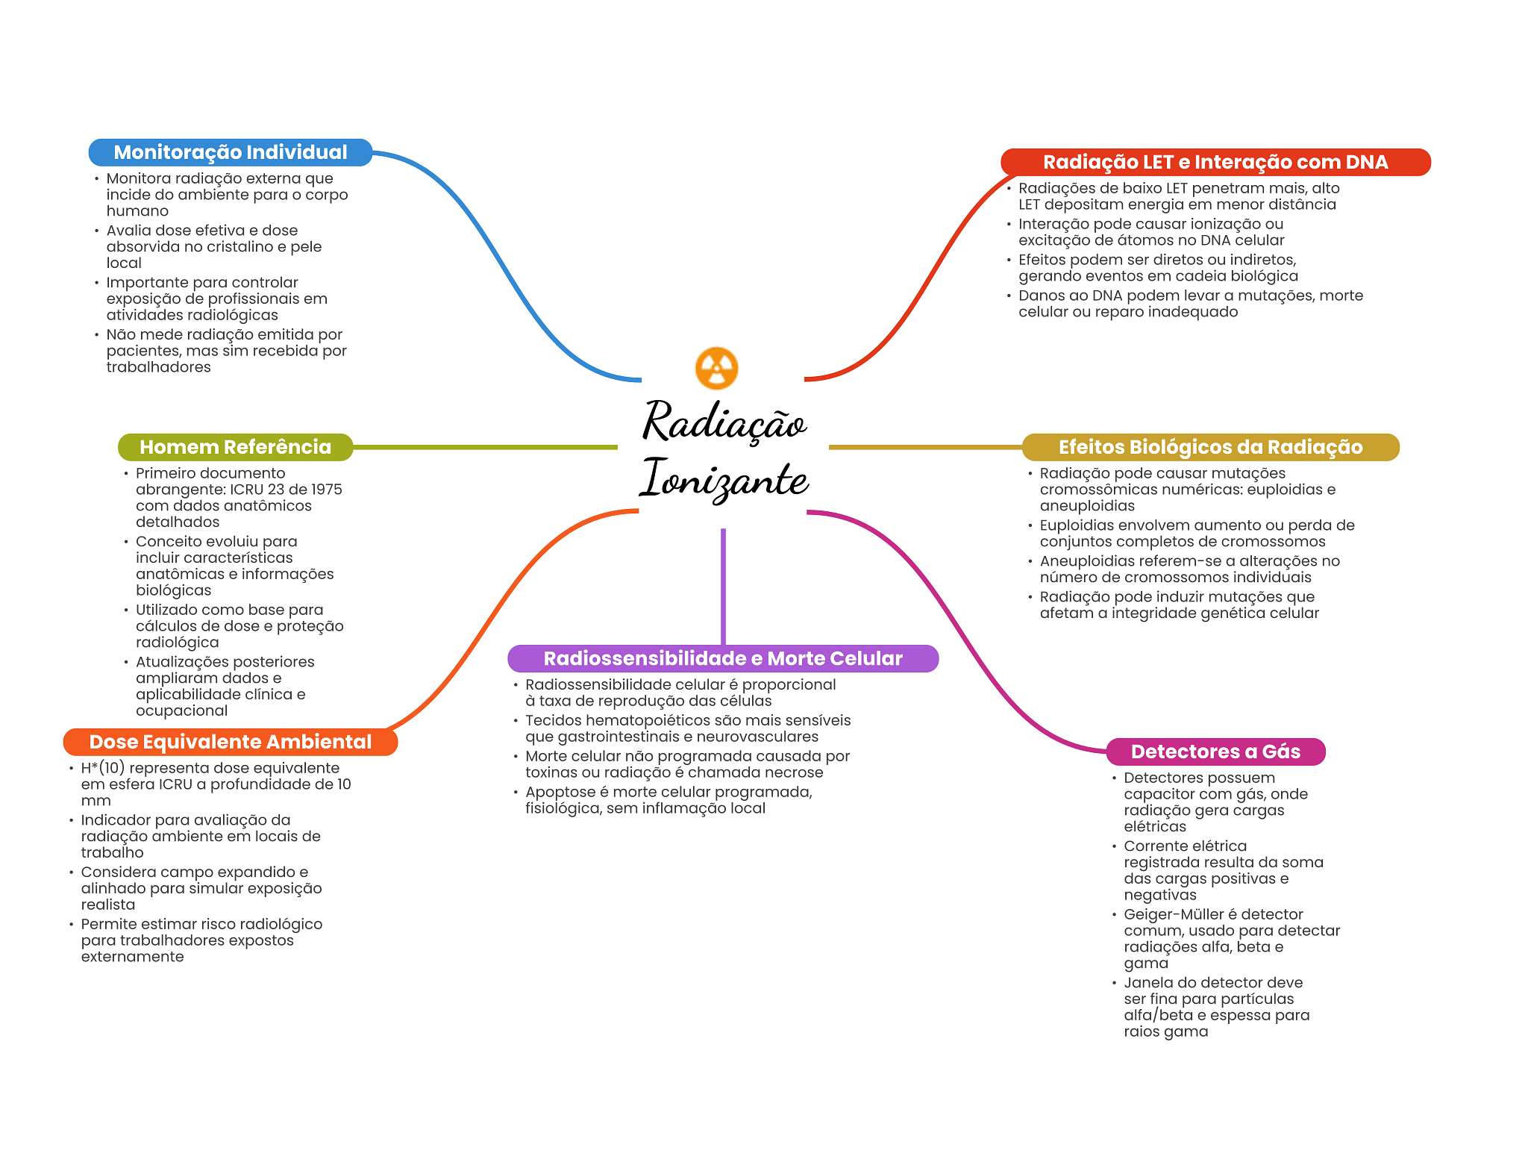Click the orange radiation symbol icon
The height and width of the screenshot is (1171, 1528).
point(716,368)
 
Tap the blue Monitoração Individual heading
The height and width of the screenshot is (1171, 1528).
point(231,152)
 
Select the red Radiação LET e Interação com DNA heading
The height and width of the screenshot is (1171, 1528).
point(1215,162)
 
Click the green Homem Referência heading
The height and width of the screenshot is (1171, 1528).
point(235,447)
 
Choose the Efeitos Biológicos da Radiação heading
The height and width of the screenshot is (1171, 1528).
point(1210,447)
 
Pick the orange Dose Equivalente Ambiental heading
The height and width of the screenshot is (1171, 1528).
point(231,742)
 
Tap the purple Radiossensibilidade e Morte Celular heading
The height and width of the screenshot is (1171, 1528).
point(723,658)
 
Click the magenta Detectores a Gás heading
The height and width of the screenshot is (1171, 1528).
point(1215,752)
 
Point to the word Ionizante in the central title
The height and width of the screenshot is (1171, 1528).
point(724,479)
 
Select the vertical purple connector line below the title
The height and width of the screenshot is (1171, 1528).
point(723,587)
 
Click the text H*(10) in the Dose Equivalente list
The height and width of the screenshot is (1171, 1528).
point(103,768)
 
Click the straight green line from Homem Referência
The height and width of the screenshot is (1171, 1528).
point(485,447)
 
